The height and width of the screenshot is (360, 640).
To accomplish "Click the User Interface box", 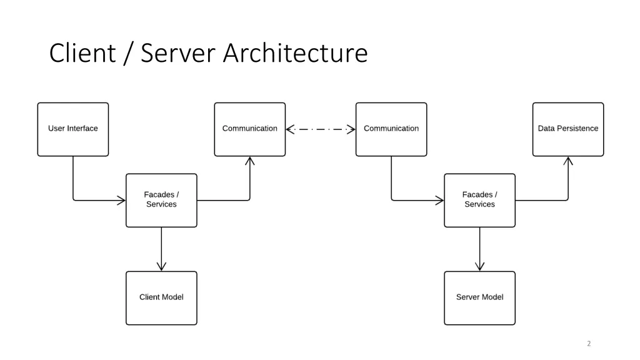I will click(x=73, y=129).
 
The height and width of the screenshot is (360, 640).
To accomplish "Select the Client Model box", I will click(x=161, y=297).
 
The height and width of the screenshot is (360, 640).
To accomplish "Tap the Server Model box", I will click(x=479, y=297).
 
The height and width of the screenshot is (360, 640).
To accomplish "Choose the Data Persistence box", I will click(x=567, y=129).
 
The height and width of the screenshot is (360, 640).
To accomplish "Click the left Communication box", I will click(x=249, y=129).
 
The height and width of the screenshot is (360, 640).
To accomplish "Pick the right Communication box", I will click(x=391, y=129).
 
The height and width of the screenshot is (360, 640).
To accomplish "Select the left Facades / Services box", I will click(x=161, y=200).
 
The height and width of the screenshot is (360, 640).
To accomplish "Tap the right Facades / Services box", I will click(x=479, y=200).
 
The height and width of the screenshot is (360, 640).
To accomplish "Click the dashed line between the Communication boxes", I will click(x=320, y=129).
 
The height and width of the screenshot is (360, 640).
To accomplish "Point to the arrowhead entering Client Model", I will click(x=161, y=267).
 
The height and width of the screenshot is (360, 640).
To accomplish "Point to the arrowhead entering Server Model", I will click(x=479, y=267).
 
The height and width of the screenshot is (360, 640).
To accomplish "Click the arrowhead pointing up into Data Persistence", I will click(x=567, y=161).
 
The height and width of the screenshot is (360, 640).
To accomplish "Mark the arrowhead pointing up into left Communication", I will click(x=249, y=161).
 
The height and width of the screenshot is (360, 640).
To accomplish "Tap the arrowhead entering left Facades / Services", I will click(x=121, y=201).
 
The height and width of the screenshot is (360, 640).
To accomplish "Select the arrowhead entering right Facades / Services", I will click(x=439, y=201).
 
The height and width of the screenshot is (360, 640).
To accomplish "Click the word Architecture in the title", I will click(x=295, y=54).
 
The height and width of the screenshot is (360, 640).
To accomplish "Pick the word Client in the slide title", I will click(x=82, y=54).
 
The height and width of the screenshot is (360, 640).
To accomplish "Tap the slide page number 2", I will click(x=589, y=344).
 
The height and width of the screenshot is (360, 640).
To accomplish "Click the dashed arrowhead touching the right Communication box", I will click(x=351, y=129).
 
